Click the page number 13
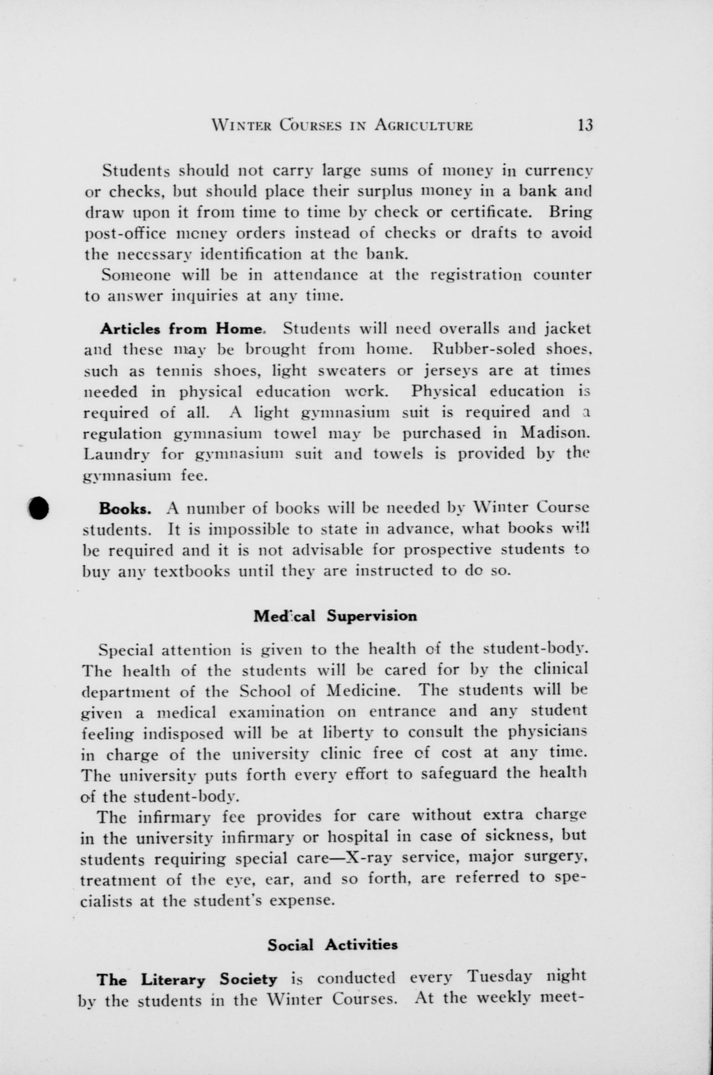585,124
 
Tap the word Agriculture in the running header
423,125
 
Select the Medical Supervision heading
335,617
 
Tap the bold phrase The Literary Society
187,979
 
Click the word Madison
555,433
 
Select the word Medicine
363,691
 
